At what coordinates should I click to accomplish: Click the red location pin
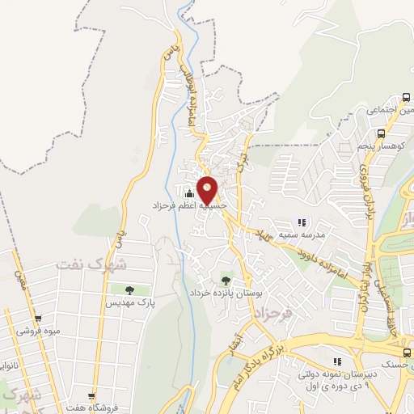[208, 189]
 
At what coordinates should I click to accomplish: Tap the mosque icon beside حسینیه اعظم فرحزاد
[190, 193]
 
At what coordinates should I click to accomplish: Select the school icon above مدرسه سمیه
[302, 222]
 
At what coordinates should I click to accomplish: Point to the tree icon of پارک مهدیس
[129, 289]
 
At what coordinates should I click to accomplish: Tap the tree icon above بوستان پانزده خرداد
[226, 280]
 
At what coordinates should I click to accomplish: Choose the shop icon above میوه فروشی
[37, 319]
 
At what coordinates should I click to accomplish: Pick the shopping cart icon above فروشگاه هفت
[91, 397]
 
